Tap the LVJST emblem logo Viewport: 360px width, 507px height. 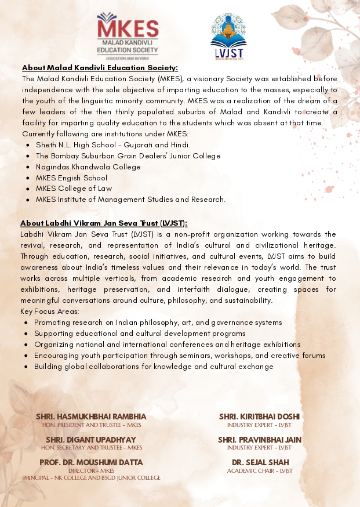pos(228,37)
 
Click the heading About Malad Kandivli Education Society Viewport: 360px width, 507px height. pos(100,67)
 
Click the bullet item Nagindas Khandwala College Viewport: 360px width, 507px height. pos(88,166)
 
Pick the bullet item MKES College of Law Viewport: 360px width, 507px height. pos(74,189)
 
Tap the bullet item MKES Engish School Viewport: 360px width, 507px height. pos(71,178)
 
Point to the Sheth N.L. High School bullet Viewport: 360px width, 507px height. pos(112,144)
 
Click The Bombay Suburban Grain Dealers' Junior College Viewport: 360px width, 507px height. pos(128,155)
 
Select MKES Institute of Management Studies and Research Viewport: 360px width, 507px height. pos(130,200)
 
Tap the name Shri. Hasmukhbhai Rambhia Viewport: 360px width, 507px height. pos(91,417)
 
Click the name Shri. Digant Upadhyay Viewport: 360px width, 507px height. pos(91,440)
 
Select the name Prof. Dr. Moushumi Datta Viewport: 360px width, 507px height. pos(91,462)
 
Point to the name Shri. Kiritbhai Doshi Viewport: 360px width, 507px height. pos(259,417)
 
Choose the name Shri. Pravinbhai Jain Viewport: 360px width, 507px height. pos(259,440)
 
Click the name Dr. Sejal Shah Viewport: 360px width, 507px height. pos(259,462)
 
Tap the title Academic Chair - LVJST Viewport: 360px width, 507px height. pos(259,470)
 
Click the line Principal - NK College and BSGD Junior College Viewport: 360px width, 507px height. pos(92,477)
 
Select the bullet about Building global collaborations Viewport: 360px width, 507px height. pos(154,367)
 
